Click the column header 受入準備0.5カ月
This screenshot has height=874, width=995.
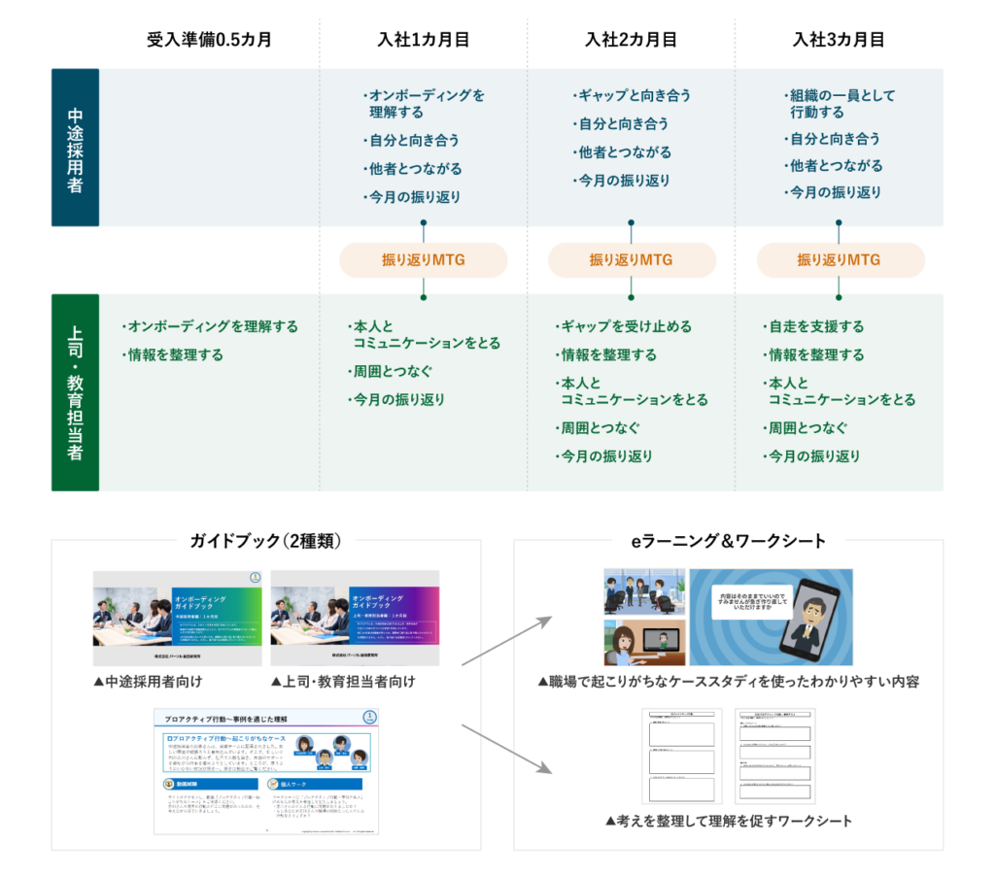(209, 41)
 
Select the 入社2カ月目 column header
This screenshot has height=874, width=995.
(631, 41)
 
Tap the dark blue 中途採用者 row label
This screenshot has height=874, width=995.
(75, 148)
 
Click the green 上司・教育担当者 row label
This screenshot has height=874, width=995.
(75, 392)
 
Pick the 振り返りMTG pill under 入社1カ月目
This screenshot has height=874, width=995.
(423, 260)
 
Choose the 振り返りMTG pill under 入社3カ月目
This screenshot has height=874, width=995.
(840, 260)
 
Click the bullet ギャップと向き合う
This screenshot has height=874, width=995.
(634, 95)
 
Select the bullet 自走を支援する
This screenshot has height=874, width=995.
(814, 326)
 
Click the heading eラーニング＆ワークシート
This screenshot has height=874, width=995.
(728, 541)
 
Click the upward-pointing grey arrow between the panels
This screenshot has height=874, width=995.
(505, 640)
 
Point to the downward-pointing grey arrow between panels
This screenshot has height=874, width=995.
(505, 748)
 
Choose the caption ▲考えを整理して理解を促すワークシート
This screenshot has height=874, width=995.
(728, 822)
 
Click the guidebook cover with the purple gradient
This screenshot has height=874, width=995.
(355, 618)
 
